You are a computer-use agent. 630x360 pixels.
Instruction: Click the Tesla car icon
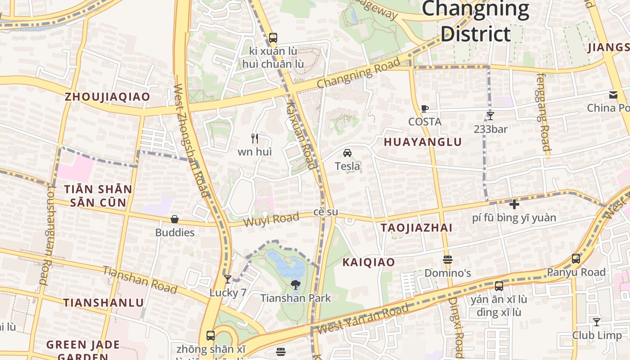pyautogui.click(x=347, y=153)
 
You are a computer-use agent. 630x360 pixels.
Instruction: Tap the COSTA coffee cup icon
pyautogui.click(x=424, y=108)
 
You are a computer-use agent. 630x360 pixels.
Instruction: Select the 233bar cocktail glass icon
pyautogui.click(x=490, y=116)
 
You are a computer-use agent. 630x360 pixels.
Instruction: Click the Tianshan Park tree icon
pyautogui.click(x=296, y=284)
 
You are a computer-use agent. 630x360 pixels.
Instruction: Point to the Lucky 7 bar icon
pyautogui.click(x=228, y=279)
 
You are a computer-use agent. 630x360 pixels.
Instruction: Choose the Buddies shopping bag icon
pyautogui.click(x=175, y=219)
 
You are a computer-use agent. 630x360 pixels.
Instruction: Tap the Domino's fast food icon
pyautogui.click(x=447, y=260)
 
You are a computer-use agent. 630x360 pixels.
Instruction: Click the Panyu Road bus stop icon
pyautogui.click(x=576, y=259)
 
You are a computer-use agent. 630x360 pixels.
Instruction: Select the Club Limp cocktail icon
pyautogui.click(x=596, y=322)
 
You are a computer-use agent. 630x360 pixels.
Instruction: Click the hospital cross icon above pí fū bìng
pyautogui.click(x=514, y=204)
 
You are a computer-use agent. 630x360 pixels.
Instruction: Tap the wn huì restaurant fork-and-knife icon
pyautogui.click(x=255, y=139)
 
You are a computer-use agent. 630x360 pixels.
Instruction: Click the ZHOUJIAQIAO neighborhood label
pyautogui.click(x=107, y=97)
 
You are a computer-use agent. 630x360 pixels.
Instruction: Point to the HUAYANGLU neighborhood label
pyautogui.click(x=423, y=142)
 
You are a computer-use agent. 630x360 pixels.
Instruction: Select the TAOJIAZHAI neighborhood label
pyautogui.click(x=416, y=228)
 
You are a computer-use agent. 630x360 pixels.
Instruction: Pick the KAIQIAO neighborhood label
pyautogui.click(x=369, y=262)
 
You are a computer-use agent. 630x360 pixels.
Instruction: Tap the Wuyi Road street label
pyautogui.click(x=271, y=220)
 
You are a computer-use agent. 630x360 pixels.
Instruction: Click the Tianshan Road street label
pyautogui.click(x=140, y=279)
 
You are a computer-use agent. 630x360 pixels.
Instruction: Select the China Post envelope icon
pyautogui.click(x=613, y=95)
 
